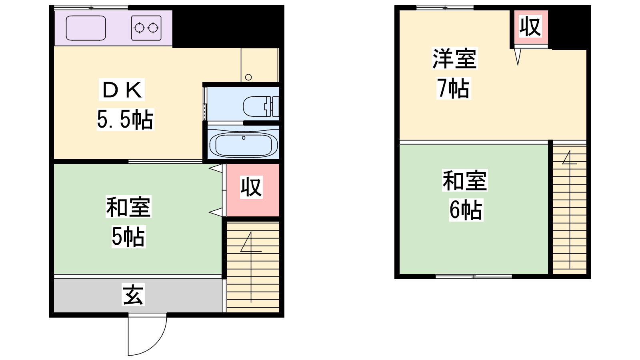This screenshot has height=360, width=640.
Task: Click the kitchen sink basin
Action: point(86,28)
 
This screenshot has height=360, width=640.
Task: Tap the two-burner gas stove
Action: point(146,28)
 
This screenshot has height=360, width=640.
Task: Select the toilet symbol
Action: point(260,106)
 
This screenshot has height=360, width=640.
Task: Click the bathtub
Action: point(243,144)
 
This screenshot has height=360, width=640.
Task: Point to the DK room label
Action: point(122,90)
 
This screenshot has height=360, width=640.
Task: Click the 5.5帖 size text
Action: point(125,120)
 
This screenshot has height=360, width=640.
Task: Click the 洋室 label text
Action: point(454,59)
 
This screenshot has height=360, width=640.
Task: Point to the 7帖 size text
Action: point(453,88)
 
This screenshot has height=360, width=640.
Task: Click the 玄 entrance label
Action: point(133,295)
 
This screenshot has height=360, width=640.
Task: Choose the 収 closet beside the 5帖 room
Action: point(251,187)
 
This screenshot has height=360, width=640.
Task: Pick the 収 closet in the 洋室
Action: point(530,27)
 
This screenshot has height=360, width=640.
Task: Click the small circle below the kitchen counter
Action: point(248,77)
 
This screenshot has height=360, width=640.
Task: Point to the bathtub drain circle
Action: point(244,138)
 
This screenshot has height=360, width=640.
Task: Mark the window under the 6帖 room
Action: point(474,276)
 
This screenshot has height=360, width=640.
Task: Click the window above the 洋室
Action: point(444,8)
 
